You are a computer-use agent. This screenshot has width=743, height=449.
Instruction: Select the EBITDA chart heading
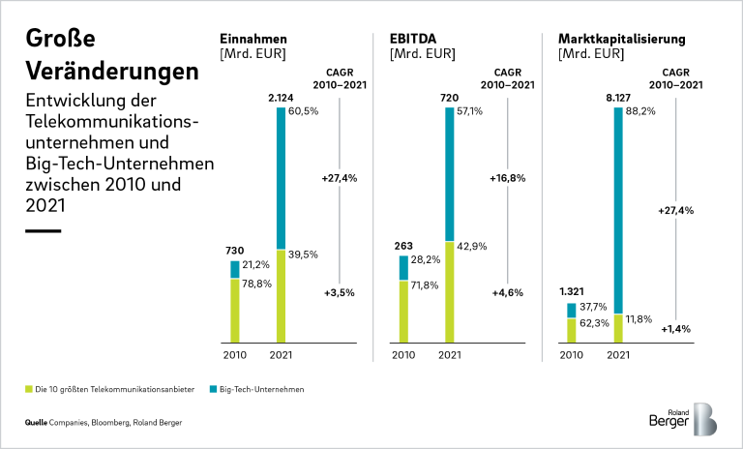[413, 39]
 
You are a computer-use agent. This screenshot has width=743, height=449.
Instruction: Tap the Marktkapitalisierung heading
[622, 39]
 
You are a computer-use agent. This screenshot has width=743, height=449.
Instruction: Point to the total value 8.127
[618, 98]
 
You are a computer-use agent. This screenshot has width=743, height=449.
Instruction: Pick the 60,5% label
[305, 112]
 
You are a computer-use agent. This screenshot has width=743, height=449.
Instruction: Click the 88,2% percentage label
[641, 112]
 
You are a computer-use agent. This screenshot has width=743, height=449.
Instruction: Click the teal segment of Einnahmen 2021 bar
[282, 178]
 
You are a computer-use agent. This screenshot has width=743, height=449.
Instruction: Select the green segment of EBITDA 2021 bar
[450, 291]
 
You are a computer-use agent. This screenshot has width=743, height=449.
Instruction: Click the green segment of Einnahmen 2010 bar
[235, 311]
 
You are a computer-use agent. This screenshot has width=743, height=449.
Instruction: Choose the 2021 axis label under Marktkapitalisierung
[618, 356]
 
